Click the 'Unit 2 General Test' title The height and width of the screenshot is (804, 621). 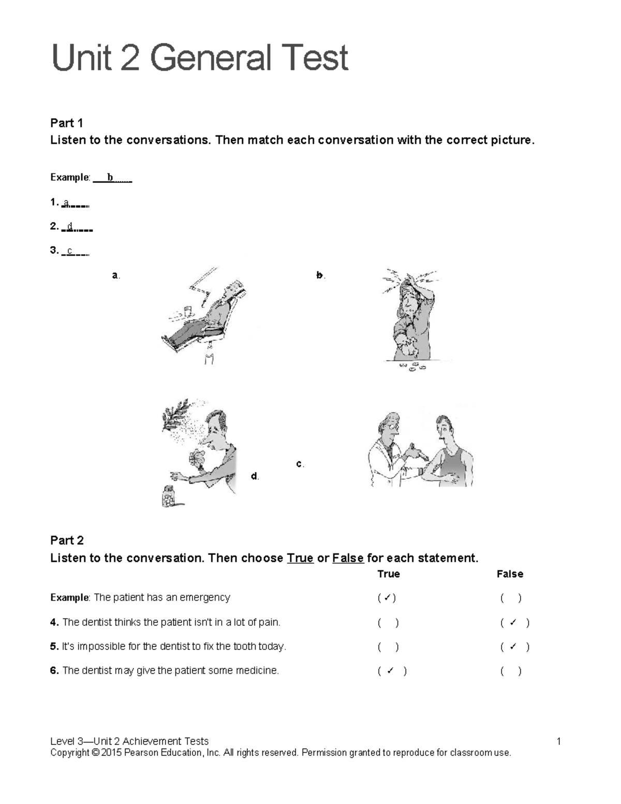tap(200, 58)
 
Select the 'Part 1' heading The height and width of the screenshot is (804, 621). tap(66, 123)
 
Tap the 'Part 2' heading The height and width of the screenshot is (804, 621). tap(67, 540)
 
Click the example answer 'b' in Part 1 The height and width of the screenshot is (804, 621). tap(110, 178)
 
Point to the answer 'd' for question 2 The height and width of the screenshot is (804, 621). tap(70, 226)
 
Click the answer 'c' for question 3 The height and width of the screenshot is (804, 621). tap(70, 251)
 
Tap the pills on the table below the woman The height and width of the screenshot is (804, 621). tap(412, 367)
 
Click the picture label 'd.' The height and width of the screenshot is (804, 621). tap(255, 476)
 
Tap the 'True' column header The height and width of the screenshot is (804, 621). tap(389, 574)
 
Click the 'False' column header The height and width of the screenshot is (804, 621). tap(510, 574)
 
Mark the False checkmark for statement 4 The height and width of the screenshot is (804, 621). tap(513, 623)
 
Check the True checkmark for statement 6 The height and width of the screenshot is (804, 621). tap(391, 671)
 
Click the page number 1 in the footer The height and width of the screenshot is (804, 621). tap(559, 741)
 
